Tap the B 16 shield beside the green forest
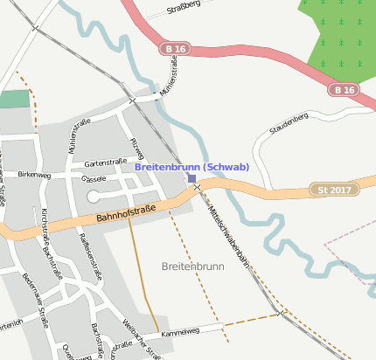click(344, 89)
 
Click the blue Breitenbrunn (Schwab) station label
click(192, 167)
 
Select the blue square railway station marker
click(191, 178)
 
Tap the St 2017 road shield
click(334, 190)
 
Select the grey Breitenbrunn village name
click(193, 265)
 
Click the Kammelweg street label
click(181, 331)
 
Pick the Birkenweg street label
click(34, 175)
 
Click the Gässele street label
click(94, 178)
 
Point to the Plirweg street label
click(136, 148)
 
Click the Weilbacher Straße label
click(140, 339)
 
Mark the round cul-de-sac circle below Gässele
click(94, 196)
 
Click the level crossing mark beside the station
click(198, 187)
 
